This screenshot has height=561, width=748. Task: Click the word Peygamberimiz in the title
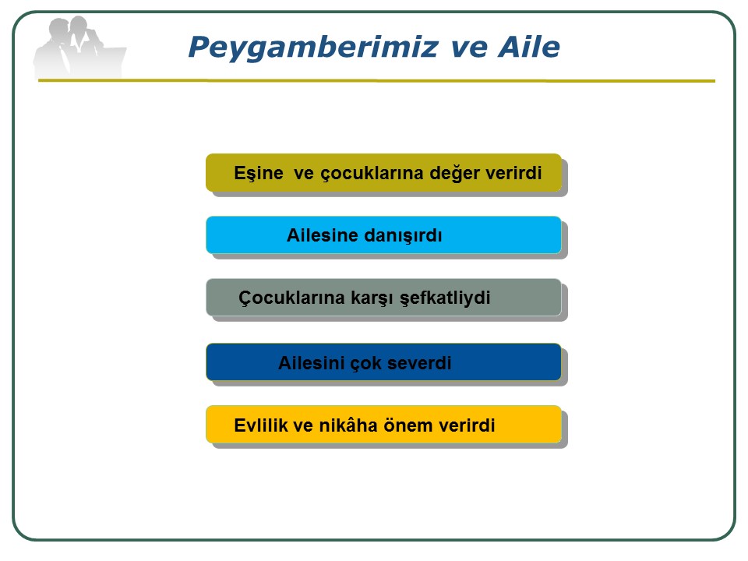[x=313, y=48]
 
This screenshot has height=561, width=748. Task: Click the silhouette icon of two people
[x=79, y=47]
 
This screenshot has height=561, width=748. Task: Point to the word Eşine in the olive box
[x=259, y=173]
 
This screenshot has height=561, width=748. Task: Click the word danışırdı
[x=403, y=236]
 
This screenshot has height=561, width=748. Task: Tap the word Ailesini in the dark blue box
[x=312, y=363]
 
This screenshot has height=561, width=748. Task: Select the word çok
[x=366, y=364]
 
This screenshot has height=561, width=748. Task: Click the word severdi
[x=419, y=364]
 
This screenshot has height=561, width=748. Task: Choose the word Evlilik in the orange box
[x=260, y=425]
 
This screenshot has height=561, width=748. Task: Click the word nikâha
[x=348, y=425]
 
